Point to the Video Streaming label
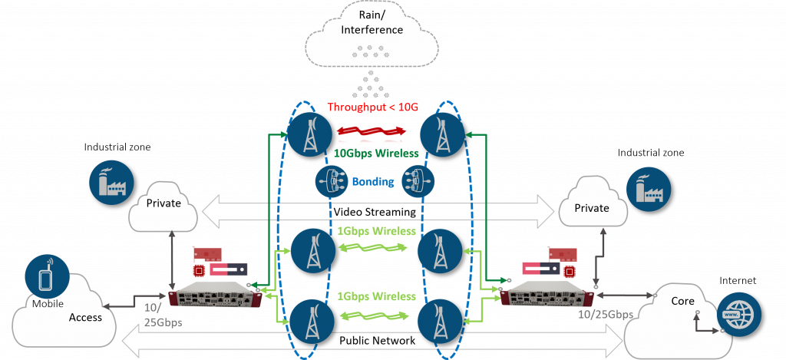[x=374, y=212]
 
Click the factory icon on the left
[x=108, y=181]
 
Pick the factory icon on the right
[x=646, y=187]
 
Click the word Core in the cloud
[x=683, y=301]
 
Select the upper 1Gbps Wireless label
[x=376, y=231]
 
